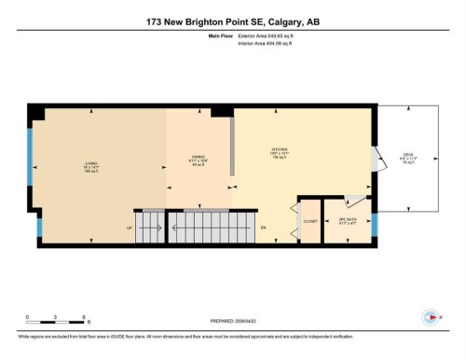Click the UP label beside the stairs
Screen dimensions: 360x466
tap(129, 228)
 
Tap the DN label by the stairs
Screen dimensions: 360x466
tap(264, 228)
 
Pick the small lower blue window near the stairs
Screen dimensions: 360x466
tap(38, 226)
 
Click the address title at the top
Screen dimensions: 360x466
tap(233, 21)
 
